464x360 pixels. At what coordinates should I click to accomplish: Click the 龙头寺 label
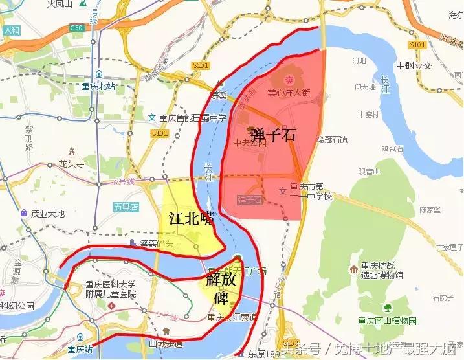(x=72, y=164)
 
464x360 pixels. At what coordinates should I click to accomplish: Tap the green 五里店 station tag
(x=126, y=207)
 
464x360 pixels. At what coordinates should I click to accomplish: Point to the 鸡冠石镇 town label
(x=332, y=139)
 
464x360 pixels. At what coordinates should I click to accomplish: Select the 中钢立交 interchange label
(x=414, y=65)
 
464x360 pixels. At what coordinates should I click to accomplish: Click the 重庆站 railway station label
(x=81, y=349)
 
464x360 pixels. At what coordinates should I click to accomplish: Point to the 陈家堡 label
(x=429, y=209)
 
